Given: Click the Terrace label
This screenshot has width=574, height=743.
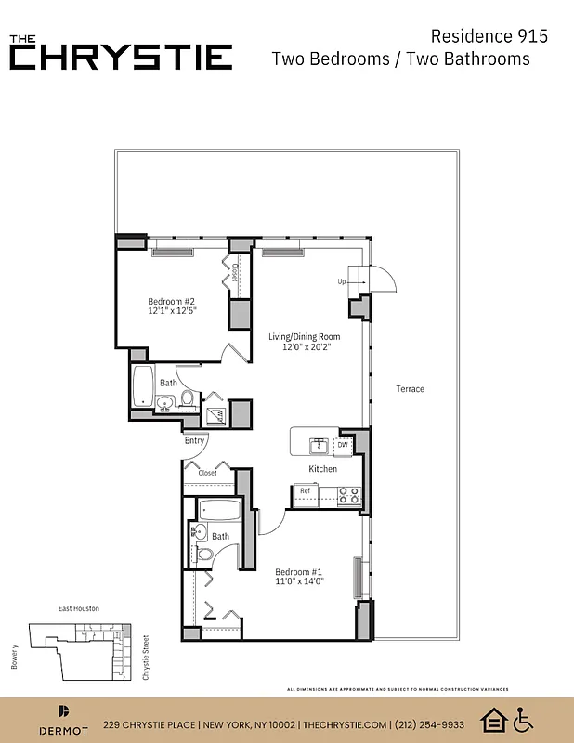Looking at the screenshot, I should click(410, 389).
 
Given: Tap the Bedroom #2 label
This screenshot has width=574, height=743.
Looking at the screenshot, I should click(171, 301).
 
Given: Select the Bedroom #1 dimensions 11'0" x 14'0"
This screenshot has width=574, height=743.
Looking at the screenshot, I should click(299, 582).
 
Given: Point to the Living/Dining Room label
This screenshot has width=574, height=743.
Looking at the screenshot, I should click(305, 337).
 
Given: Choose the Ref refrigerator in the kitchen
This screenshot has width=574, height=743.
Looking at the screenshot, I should click(305, 491).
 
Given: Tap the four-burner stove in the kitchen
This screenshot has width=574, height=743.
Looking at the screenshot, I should click(350, 496).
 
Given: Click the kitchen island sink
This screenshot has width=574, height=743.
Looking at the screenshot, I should click(319, 443).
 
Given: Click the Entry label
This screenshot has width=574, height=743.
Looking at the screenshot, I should click(194, 441).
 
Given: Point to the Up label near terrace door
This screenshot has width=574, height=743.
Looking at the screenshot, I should click(342, 281).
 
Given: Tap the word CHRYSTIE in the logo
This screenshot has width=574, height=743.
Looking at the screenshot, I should click(122, 57).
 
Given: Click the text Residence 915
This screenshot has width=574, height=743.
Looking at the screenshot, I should click(489, 36).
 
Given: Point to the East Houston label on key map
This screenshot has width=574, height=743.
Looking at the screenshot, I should click(79, 608).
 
